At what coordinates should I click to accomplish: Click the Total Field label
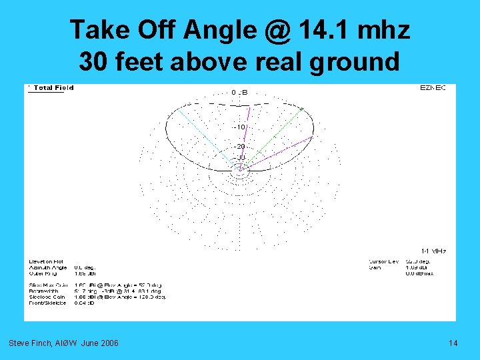[x=53, y=87]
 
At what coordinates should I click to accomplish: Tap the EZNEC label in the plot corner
[x=433, y=87]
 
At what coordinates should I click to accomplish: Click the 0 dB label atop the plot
[x=239, y=92]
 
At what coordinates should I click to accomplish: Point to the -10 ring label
[x=239, y=127]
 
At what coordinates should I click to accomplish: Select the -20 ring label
[x=239, y=146]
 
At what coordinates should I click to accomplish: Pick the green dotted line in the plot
[x=273, y=137]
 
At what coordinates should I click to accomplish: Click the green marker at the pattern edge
[x=301, y=109]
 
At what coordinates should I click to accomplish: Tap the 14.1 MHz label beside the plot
[x=433, y=251]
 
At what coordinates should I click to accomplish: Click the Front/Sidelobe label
[x=47, y=303]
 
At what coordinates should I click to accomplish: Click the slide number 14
[x=453, y=343]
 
